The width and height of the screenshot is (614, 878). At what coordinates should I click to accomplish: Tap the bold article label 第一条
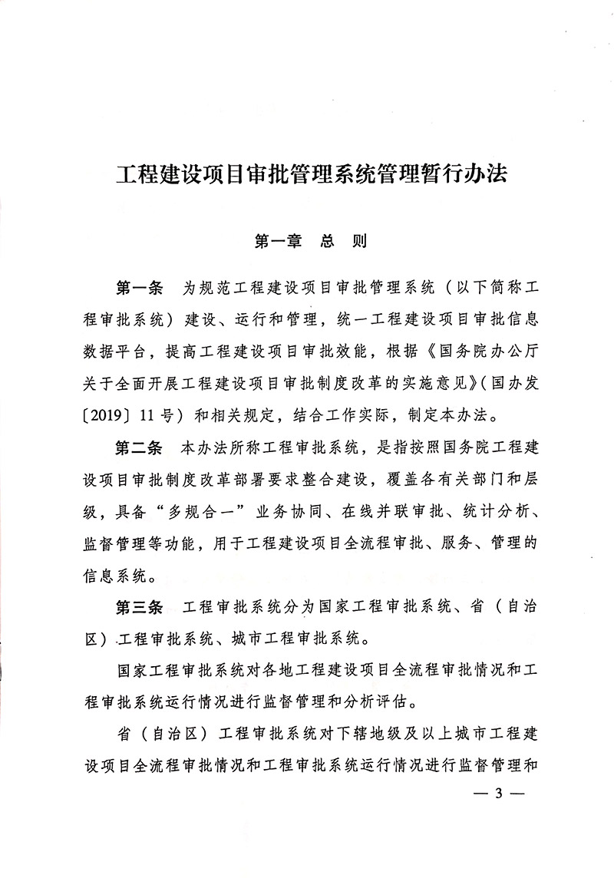tap(139, 289)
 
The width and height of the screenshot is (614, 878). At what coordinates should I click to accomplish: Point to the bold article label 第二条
tap(139, 446)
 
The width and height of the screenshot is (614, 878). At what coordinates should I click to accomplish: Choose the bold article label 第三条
tap(139, 608)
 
